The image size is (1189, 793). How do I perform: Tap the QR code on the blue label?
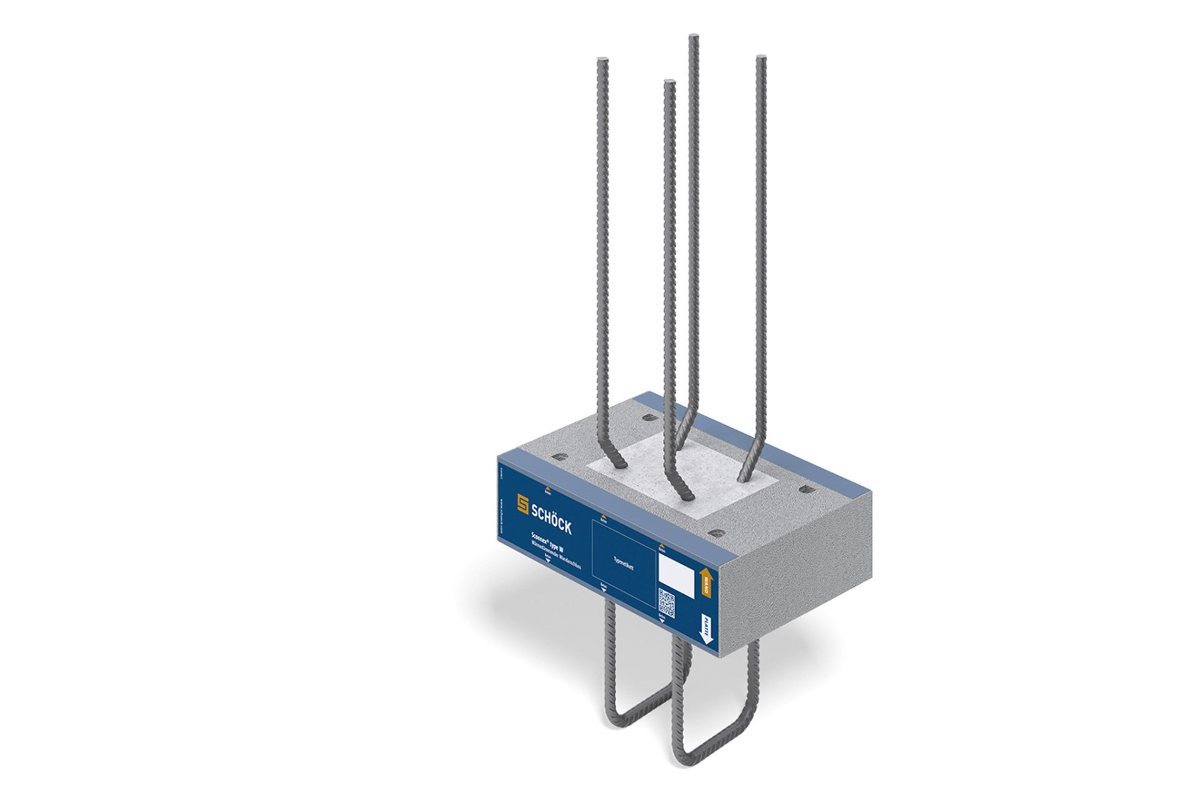(667, 603)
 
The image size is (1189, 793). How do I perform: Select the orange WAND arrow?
(706, 582)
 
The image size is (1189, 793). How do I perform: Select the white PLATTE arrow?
(706, 629)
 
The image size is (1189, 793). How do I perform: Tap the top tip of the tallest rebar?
(693, 37)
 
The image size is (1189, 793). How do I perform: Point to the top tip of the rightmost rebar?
(761, 58)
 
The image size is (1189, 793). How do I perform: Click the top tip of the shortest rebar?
(669, 83)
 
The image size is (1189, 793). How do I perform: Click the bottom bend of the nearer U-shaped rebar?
(713, 753)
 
